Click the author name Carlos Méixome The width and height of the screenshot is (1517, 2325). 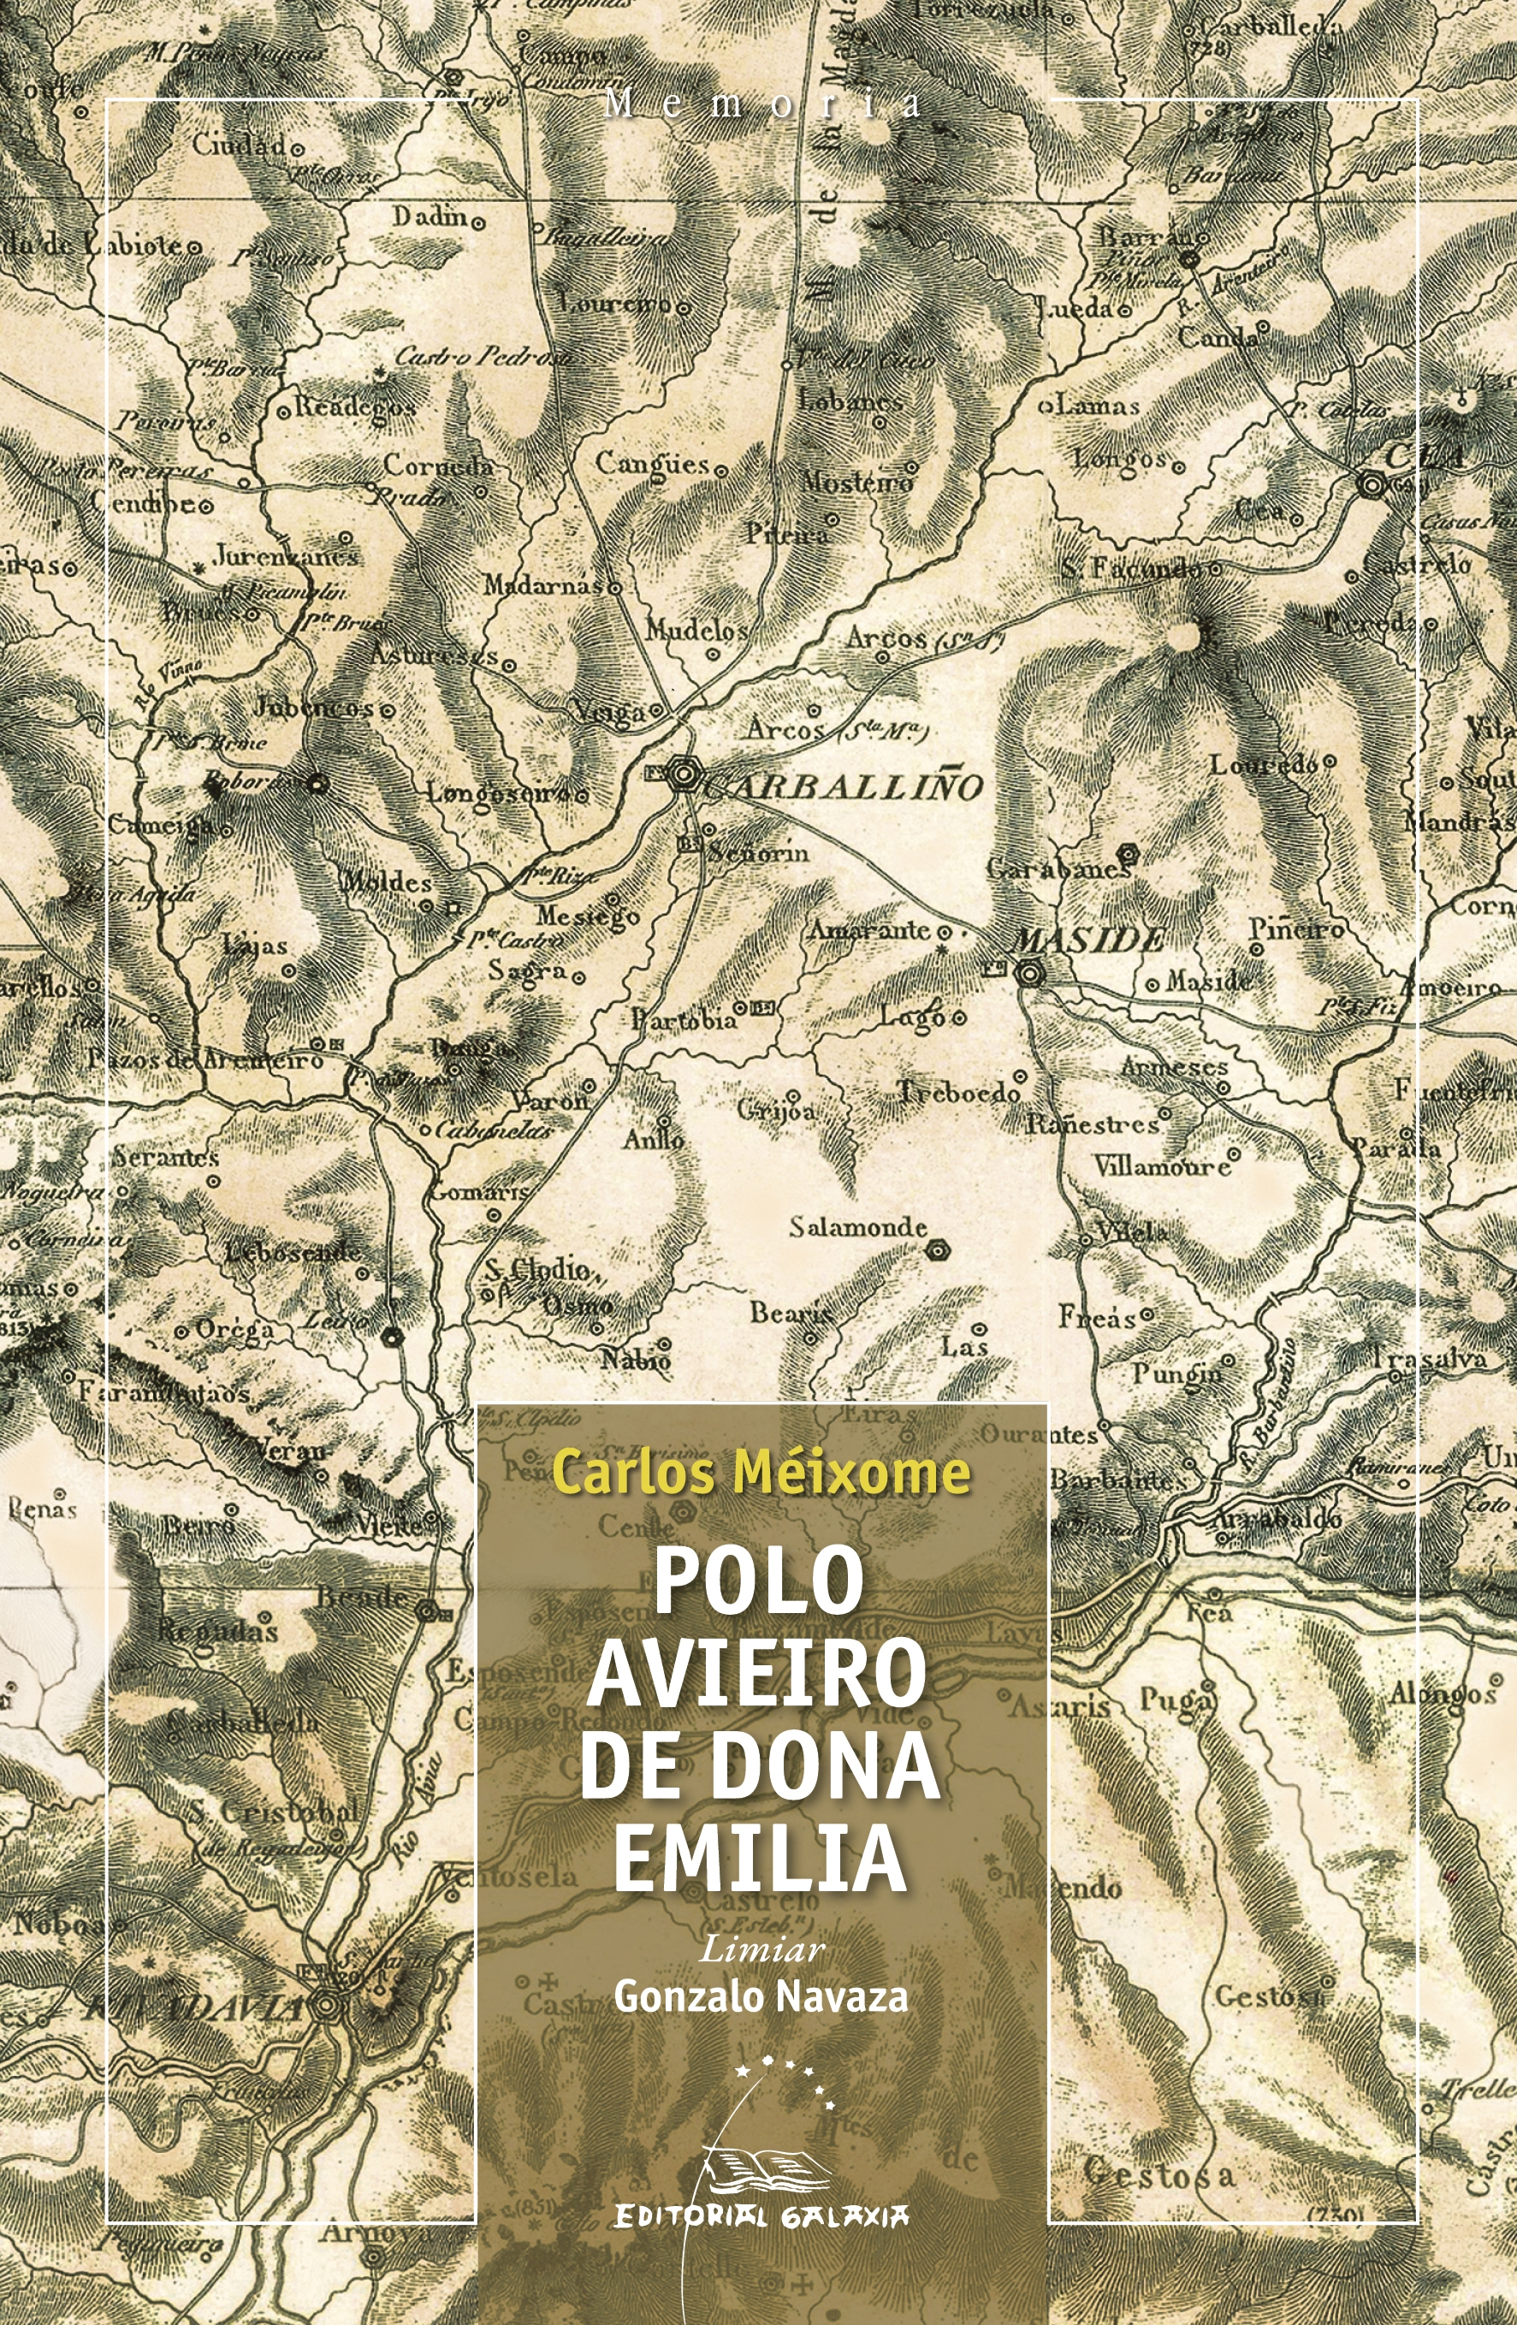[x=760, y=1472]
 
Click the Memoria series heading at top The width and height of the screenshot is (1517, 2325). [x=761, y=104]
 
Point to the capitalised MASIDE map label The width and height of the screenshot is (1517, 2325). [x=1089, y=940]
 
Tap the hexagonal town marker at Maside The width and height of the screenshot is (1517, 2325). [x=1029, y=972]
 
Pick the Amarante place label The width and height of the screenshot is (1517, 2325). [x=868, y=929]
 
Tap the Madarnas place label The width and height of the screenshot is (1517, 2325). [x=543, y=585]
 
